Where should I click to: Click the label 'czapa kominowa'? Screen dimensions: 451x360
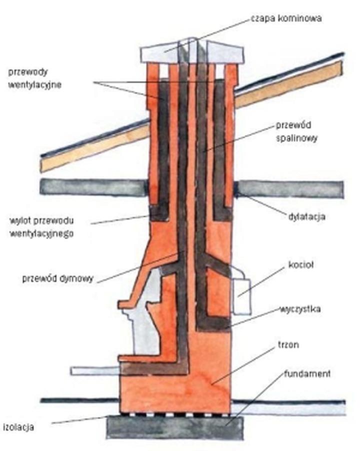tap(286, 18)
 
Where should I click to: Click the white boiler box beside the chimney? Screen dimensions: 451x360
tap(242, 296)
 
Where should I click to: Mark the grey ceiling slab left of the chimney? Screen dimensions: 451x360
tap(93, 187)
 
